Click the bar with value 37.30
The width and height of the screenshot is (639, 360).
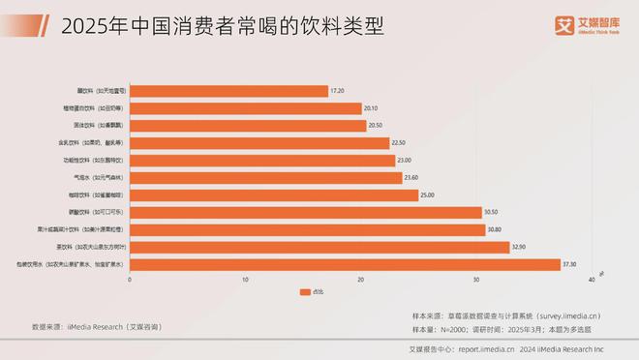345,264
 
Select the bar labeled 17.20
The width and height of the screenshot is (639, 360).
228,91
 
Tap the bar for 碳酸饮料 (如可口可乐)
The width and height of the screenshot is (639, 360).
305,212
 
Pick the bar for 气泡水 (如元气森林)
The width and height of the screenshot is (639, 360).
265,178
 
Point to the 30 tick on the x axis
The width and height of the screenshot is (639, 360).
476,280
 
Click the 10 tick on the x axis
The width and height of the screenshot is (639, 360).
245,280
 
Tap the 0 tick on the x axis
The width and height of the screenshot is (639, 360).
130,280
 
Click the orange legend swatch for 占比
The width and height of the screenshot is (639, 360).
305,291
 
